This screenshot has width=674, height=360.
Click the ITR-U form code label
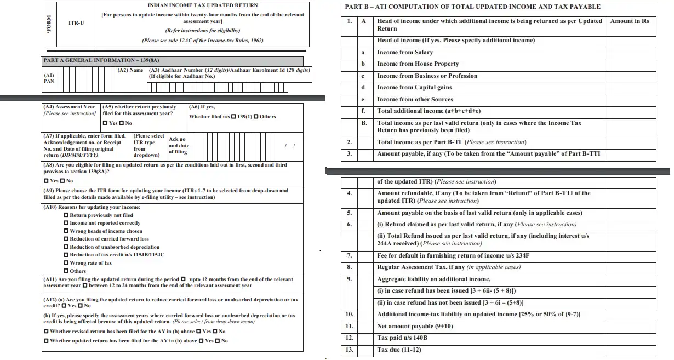(x=76, y=23)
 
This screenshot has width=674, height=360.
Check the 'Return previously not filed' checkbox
(x=66, y=215)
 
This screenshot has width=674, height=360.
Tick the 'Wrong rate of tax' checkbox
(x=66, y=263)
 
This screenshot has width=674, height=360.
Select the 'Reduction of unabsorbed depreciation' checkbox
(x=66, y=247)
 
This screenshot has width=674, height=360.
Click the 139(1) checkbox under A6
(x=234, y=117)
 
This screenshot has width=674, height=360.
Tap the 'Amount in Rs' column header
(x=630, y=21)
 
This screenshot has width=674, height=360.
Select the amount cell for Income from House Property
(x=638, y=64)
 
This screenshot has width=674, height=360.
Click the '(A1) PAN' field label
(x=49, y=78)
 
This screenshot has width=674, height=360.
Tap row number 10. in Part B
(x=350, y=315)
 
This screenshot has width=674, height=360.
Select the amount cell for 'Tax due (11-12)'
(x=638, y=350)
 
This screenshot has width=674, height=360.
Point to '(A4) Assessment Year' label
(x=69, y=107)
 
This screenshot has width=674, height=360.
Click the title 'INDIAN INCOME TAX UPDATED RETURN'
(x=203, y=5)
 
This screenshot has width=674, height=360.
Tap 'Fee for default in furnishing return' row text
(x=453, y=255)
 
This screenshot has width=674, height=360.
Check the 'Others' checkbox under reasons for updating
(x=66, y=271)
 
